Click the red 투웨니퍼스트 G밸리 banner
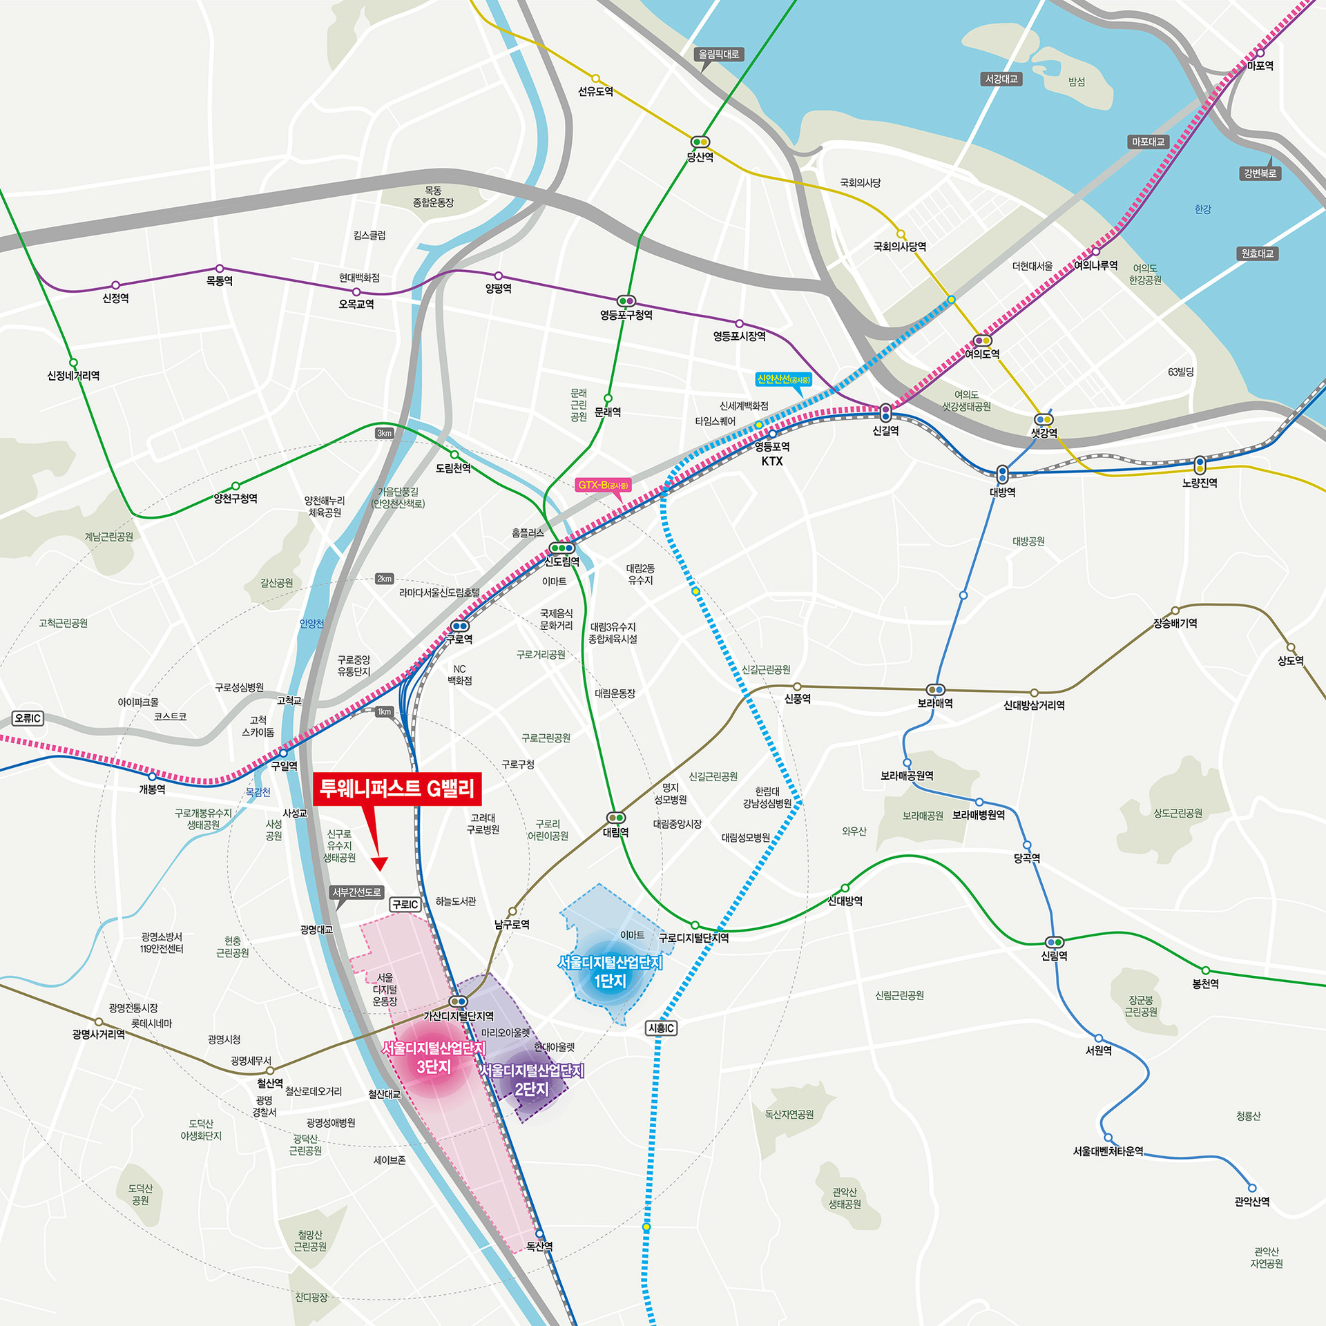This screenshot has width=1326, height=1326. pos(397,789)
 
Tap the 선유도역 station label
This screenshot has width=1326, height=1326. pos(595,92)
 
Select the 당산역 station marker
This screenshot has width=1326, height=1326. pos(700,142)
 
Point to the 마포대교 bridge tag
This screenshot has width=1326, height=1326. pos(1148,142)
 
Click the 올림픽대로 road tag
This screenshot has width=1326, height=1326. pos(718,54)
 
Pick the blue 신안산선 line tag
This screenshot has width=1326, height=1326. pos(783,379)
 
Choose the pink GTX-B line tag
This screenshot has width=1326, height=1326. pos(603,486)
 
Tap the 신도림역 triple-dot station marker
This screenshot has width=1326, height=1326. pos(561,548)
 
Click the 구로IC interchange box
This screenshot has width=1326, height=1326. pos(405,905)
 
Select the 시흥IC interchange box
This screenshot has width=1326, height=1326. pos(661,1028)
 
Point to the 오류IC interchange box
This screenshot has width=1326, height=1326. pos(28,718)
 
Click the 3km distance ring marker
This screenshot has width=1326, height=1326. pos(384,434)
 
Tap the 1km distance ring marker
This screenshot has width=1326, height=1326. pos(384,711)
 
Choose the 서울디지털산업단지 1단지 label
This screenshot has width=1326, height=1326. pos(610,972)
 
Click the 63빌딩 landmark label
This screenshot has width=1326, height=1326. pos(1180,372)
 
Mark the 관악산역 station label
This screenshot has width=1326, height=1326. pos(1251,1202)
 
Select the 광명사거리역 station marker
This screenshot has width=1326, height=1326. pos(99,1022)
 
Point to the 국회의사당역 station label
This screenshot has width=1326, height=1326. pos(899,247)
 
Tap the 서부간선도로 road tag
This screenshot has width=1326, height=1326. pos(356,892)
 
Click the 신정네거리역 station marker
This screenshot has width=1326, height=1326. pos(73,363)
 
